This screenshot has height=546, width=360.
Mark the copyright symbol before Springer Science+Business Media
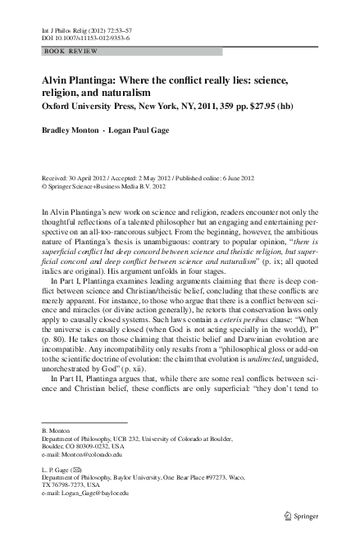(43, 185)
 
